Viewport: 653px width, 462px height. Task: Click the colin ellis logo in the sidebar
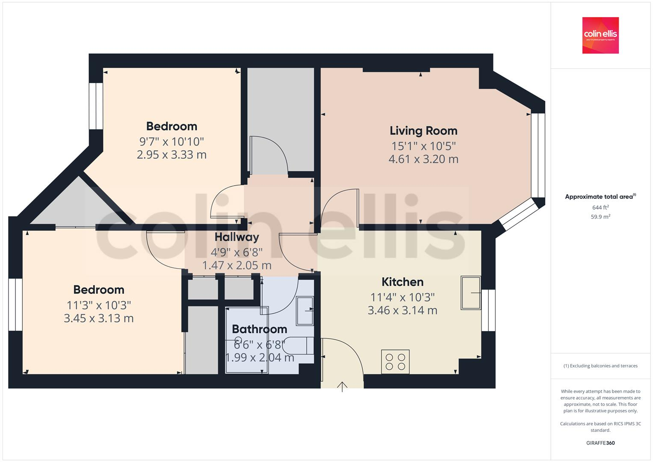tap(600, 35)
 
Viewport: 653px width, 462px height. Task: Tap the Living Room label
tap(423, 130)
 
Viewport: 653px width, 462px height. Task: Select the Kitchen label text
tap(402, 282)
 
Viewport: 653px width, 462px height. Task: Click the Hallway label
tap(236, 237)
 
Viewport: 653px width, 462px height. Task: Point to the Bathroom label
tap(259, 329)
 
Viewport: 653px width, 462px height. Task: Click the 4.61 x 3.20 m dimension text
tap(423, 159)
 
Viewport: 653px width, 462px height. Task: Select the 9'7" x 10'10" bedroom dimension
tap(171, 141)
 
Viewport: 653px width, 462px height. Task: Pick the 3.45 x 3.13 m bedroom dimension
tap(98, 318)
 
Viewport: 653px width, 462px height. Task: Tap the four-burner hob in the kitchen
tap(395, 361)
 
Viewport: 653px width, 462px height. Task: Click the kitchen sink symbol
tap(470, 293)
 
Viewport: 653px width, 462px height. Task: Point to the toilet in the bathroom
tap(298, 346)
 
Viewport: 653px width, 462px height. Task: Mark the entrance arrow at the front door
tap(342, 386)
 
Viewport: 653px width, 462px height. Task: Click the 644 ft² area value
tap(600, 207)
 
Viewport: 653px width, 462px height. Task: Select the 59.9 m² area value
tap(600, 216)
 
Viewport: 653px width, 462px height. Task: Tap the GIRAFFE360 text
tap(600, 443)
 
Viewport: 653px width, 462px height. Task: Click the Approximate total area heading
tap(600, 197)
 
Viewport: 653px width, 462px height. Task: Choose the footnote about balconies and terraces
tap(600, 366)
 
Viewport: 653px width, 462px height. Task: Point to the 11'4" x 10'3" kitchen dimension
tap(402, 297)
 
